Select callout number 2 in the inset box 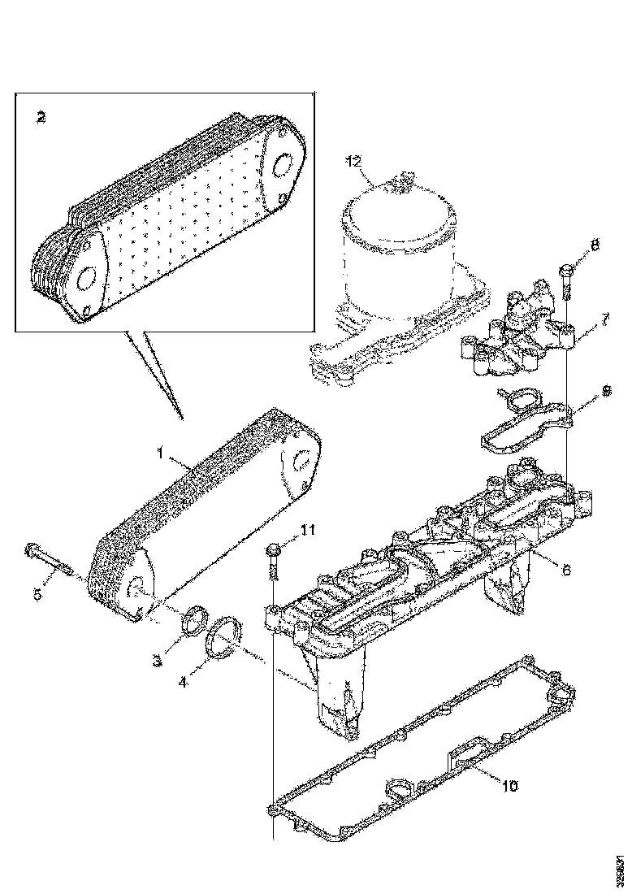coord(41,116)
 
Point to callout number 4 coord(184,682)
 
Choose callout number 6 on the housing coord(565,570)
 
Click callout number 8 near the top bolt coord(595,245)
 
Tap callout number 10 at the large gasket coord(509,786)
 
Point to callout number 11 coord(306,531)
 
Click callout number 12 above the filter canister coord(353,161)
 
